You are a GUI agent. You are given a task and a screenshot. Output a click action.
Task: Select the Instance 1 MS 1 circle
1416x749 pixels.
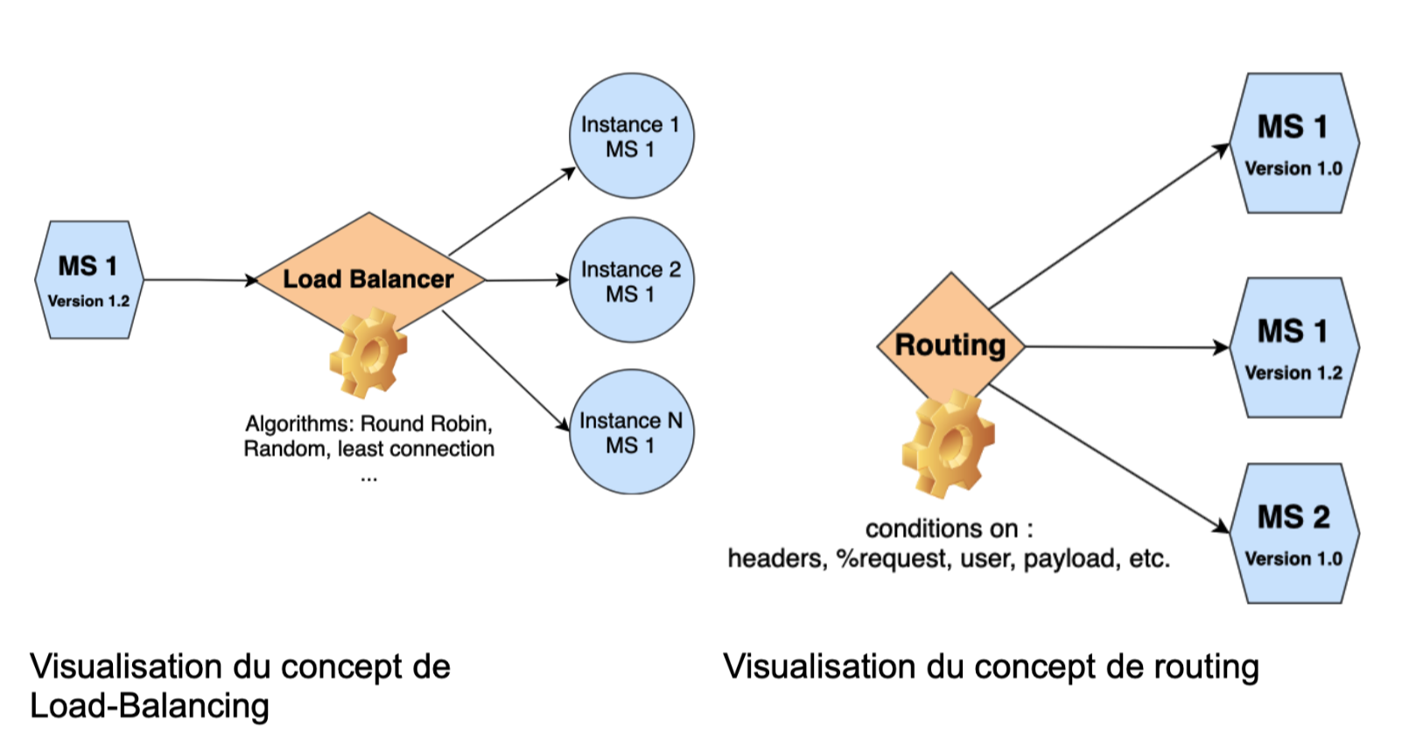point(631,136)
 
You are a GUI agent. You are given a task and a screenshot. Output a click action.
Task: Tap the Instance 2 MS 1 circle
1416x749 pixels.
point(631,281)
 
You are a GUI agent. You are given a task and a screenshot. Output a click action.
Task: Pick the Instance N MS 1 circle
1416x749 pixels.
point(631,432)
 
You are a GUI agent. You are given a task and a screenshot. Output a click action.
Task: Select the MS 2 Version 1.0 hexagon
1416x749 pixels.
point(1293,534)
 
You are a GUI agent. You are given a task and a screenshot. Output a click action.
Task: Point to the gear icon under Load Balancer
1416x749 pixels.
point(368,353)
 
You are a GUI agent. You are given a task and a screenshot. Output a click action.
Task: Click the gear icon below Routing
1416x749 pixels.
point(948,444)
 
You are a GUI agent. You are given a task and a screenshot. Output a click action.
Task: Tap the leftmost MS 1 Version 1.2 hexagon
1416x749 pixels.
point(88,280)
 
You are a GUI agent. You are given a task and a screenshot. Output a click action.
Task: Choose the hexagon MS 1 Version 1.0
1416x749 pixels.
point(1293,143)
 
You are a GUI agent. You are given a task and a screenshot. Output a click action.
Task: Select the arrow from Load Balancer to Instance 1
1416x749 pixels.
point(512,211)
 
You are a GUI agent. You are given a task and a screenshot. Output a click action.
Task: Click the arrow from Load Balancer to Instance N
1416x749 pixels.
point(506,370)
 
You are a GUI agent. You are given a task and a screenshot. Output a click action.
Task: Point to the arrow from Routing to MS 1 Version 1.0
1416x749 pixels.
point(1110,226)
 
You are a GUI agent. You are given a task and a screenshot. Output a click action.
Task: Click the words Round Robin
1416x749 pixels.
point(426,423)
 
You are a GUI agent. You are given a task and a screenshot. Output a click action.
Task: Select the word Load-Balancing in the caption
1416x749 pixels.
point(150,706)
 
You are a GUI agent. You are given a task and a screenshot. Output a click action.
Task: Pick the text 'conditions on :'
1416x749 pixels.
point(949,528)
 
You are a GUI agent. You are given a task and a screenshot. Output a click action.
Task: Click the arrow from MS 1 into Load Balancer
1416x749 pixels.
point(200,280)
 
